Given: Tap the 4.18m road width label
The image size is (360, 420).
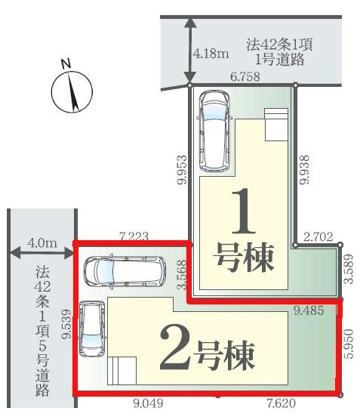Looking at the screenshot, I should (x=210, y=54).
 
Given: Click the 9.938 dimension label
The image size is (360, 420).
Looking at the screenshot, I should (x=304, y=166).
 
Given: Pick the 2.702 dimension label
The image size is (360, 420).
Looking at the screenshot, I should (x=318, y=236).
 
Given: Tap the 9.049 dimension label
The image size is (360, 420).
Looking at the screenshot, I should (x=147, y=403).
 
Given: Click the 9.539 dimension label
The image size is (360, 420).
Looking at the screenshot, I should (x=67, y=325).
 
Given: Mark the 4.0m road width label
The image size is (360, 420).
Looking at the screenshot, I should (x=41, y=243).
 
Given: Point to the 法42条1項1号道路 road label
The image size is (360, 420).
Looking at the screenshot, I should (x=279, y=51).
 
